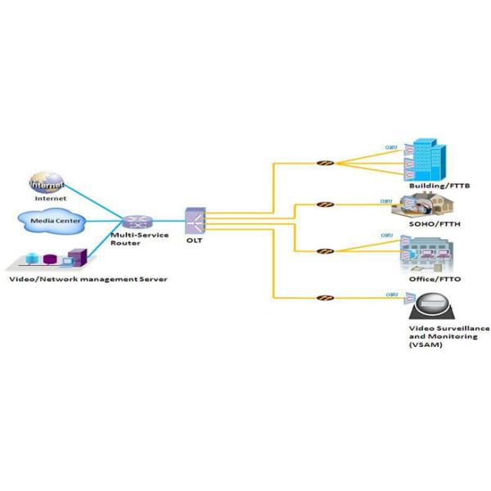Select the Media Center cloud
pos(52,220)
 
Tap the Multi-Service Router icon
pos(134,221)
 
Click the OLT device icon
pos(195,218)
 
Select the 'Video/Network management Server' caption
pos(88,279)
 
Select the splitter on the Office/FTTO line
pos(325,250)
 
